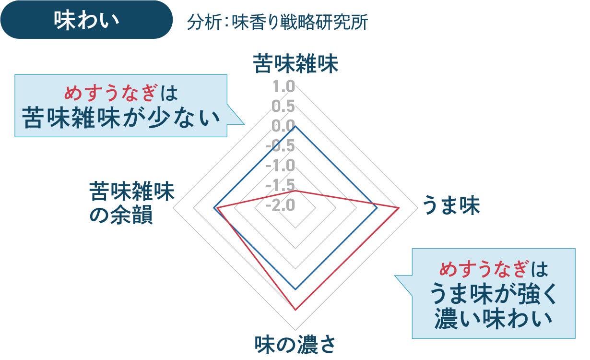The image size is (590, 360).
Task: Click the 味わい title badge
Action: point(86,20)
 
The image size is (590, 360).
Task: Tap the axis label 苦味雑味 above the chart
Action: point(296,64)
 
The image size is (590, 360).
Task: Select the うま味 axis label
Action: point(450,206)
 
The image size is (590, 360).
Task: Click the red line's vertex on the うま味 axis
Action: point(399,208)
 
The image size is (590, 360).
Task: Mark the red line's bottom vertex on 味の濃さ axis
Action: point(295,310)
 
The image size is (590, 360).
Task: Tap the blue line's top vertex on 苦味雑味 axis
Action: point(295,126)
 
